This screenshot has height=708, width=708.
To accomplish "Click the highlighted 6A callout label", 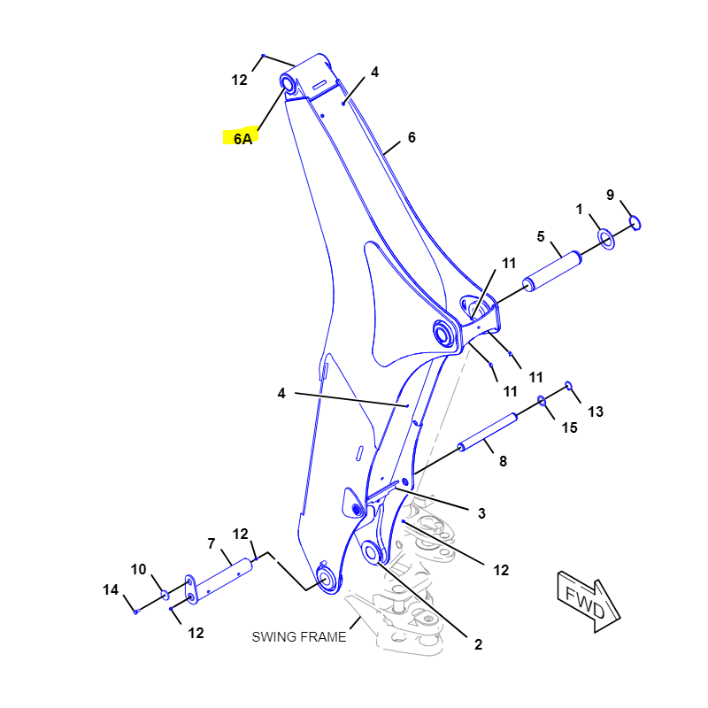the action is click(x=242, y=138).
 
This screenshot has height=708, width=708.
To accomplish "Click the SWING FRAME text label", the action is click(x=299, y=636).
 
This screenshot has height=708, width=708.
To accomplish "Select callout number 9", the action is click(x=610, y=195).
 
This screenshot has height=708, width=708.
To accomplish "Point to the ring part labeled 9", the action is click(x=635, y=223).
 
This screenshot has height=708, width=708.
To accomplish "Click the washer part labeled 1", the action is click(x=606, y=239).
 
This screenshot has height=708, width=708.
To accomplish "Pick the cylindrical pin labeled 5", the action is click(x=551, y=271).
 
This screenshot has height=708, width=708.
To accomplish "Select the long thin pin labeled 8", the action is click(x=488, y=432).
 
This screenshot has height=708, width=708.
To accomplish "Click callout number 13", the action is click(x=595, y=412).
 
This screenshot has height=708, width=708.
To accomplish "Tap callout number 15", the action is click(x=569, y=427).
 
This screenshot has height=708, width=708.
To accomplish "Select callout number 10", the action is click(x=139, y=569).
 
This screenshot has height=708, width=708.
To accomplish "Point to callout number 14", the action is click(x=111, y=589).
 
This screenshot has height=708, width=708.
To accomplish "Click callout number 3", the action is click(x=481, y=513).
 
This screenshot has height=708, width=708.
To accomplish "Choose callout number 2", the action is click(x=478, y=644).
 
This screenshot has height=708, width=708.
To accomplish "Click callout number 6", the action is click(x=412, y=137).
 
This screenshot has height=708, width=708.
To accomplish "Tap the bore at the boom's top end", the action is click(x=287, y=84).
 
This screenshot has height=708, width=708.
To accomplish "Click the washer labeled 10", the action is click(x=165, y=595).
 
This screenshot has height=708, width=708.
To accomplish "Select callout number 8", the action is click(x=503, y=461).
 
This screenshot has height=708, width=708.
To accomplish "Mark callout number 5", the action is click(x=541, y=236).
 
